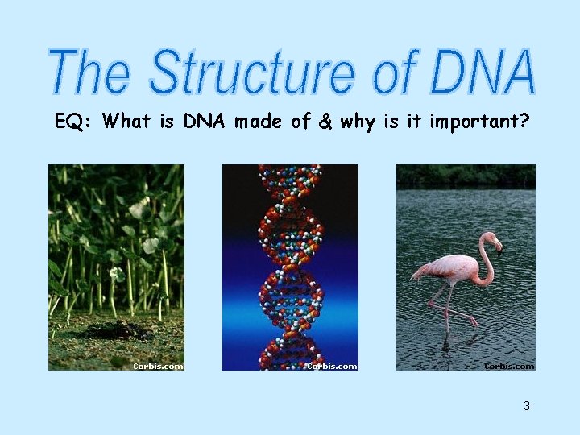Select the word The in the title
[x=89, y=72]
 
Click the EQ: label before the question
[x=74, y=122]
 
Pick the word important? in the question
[x=479, y=122]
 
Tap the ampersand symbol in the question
[x=325, y=122]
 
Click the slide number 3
[x=527, y=405]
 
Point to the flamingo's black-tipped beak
[x=499, y=249]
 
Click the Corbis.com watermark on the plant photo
[x=158, y=366]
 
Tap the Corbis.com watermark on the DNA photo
[x=332, y=366]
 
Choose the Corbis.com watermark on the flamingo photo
[x=508, y=366]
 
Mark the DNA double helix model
[x=290, y=266]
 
